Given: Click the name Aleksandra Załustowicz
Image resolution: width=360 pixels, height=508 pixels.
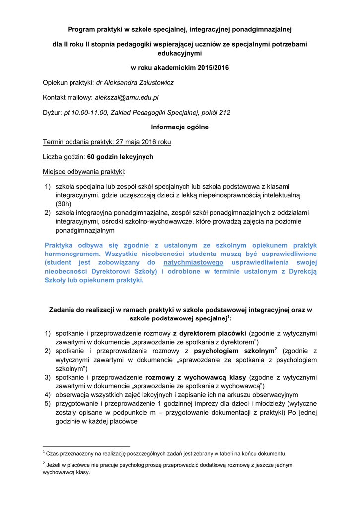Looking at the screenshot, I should point(142,82).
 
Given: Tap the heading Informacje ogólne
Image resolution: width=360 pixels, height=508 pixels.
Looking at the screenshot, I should point(180,127).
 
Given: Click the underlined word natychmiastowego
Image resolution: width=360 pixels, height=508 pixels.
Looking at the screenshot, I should point(193,262).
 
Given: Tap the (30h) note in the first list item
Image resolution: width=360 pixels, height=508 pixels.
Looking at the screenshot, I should point(63,204).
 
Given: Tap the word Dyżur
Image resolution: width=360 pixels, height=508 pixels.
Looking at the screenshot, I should point(52,113).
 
